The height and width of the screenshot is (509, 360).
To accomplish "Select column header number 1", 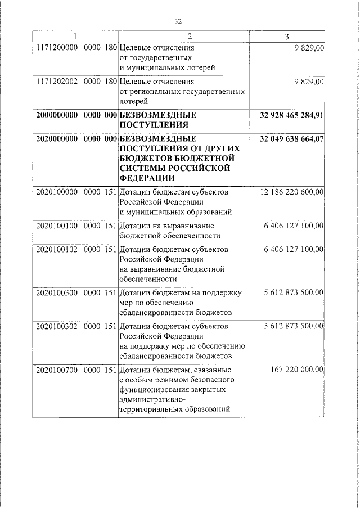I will (75, 37).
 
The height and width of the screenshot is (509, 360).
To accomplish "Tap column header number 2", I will (190, 37).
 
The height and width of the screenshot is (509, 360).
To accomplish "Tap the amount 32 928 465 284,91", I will (292, 115).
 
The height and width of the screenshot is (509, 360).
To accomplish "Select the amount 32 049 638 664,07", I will (292, 138).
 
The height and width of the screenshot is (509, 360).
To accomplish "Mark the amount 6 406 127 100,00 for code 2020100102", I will (294, 248).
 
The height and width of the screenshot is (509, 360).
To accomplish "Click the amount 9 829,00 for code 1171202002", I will (309, 82).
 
